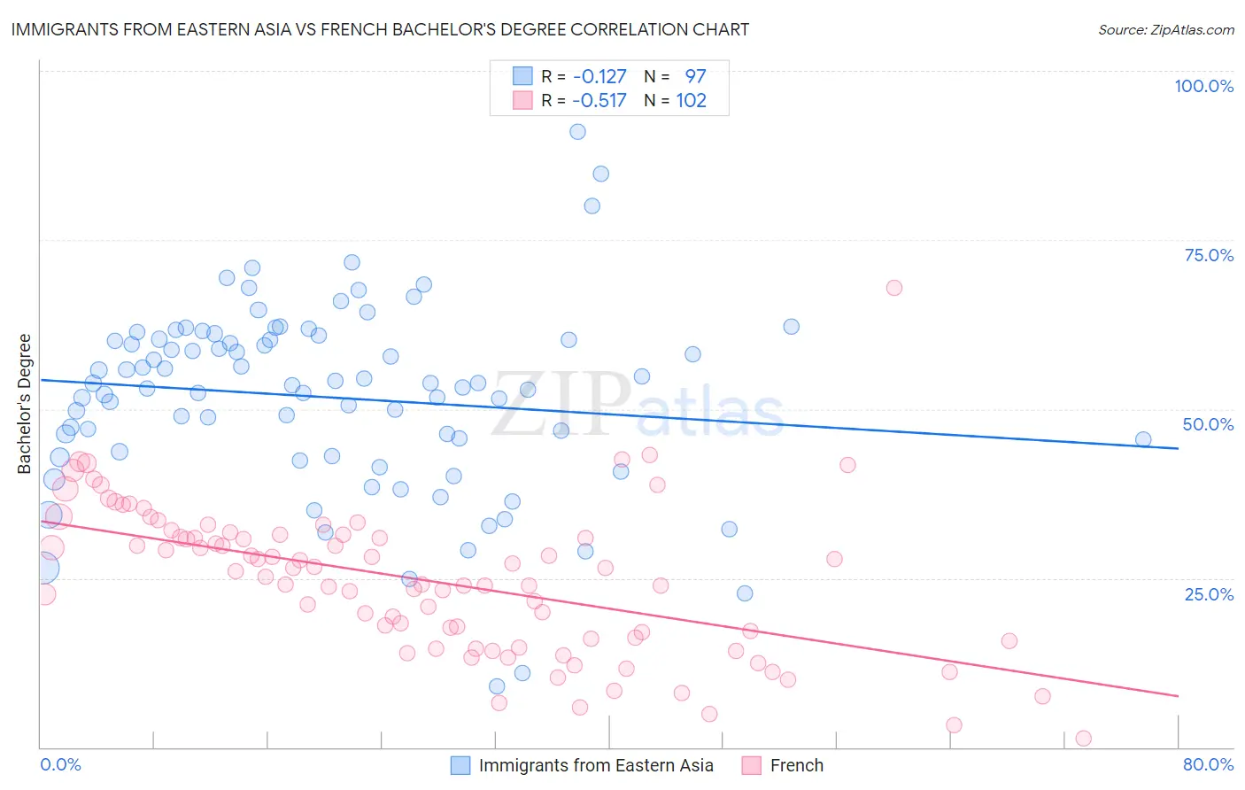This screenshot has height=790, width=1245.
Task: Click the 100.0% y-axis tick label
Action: [1203, 86]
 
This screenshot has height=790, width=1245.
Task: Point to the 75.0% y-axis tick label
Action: [1209, 255]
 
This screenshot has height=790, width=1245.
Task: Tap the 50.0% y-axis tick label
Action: [1208, 424]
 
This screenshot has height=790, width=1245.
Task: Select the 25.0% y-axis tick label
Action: [1209, 593]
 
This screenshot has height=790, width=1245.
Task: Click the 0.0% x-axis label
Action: [60, 764]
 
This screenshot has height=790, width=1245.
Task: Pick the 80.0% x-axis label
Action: [1208, 764]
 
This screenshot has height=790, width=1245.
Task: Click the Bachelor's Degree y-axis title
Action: [25, 404]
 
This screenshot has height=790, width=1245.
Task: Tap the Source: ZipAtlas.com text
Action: [1165, 29]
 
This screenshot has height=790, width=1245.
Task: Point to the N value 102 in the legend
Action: [691, 100]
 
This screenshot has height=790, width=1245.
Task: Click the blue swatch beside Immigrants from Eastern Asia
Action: [460, 765]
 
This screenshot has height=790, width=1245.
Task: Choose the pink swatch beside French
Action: [752, 765]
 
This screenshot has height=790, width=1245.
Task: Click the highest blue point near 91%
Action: [577, 132]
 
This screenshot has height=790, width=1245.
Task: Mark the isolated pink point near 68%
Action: [893, 288]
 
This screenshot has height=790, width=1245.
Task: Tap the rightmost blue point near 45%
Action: [1143, 439]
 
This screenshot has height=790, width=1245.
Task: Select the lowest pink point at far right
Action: [1083, 739]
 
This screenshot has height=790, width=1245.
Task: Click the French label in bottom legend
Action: [796, 765]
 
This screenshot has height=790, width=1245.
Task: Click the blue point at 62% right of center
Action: [792, 327]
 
